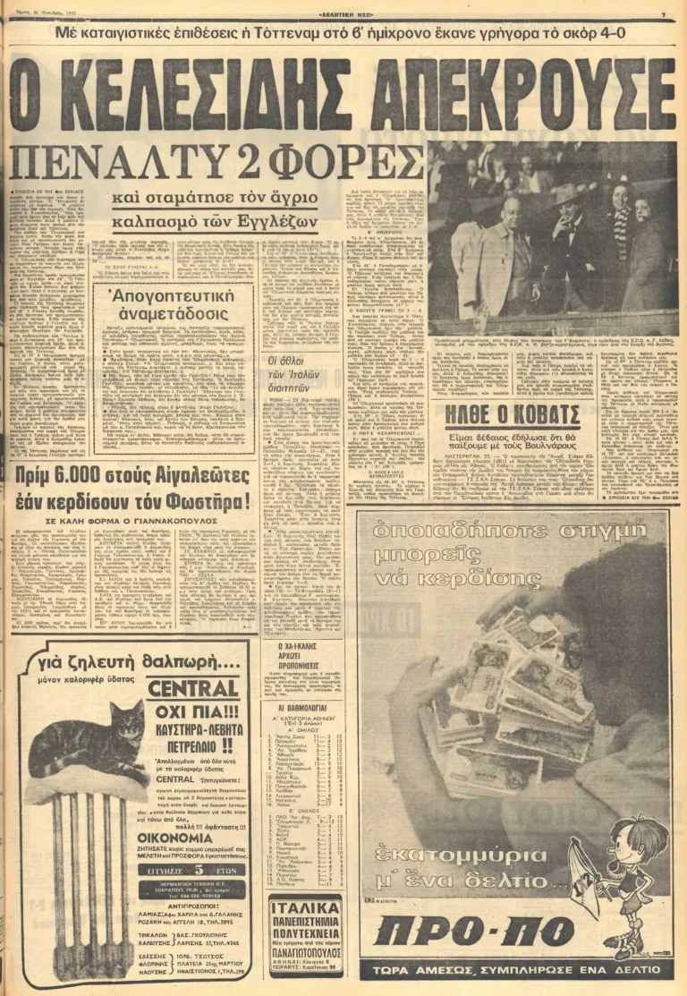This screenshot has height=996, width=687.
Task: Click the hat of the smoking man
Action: pos(566,194)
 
